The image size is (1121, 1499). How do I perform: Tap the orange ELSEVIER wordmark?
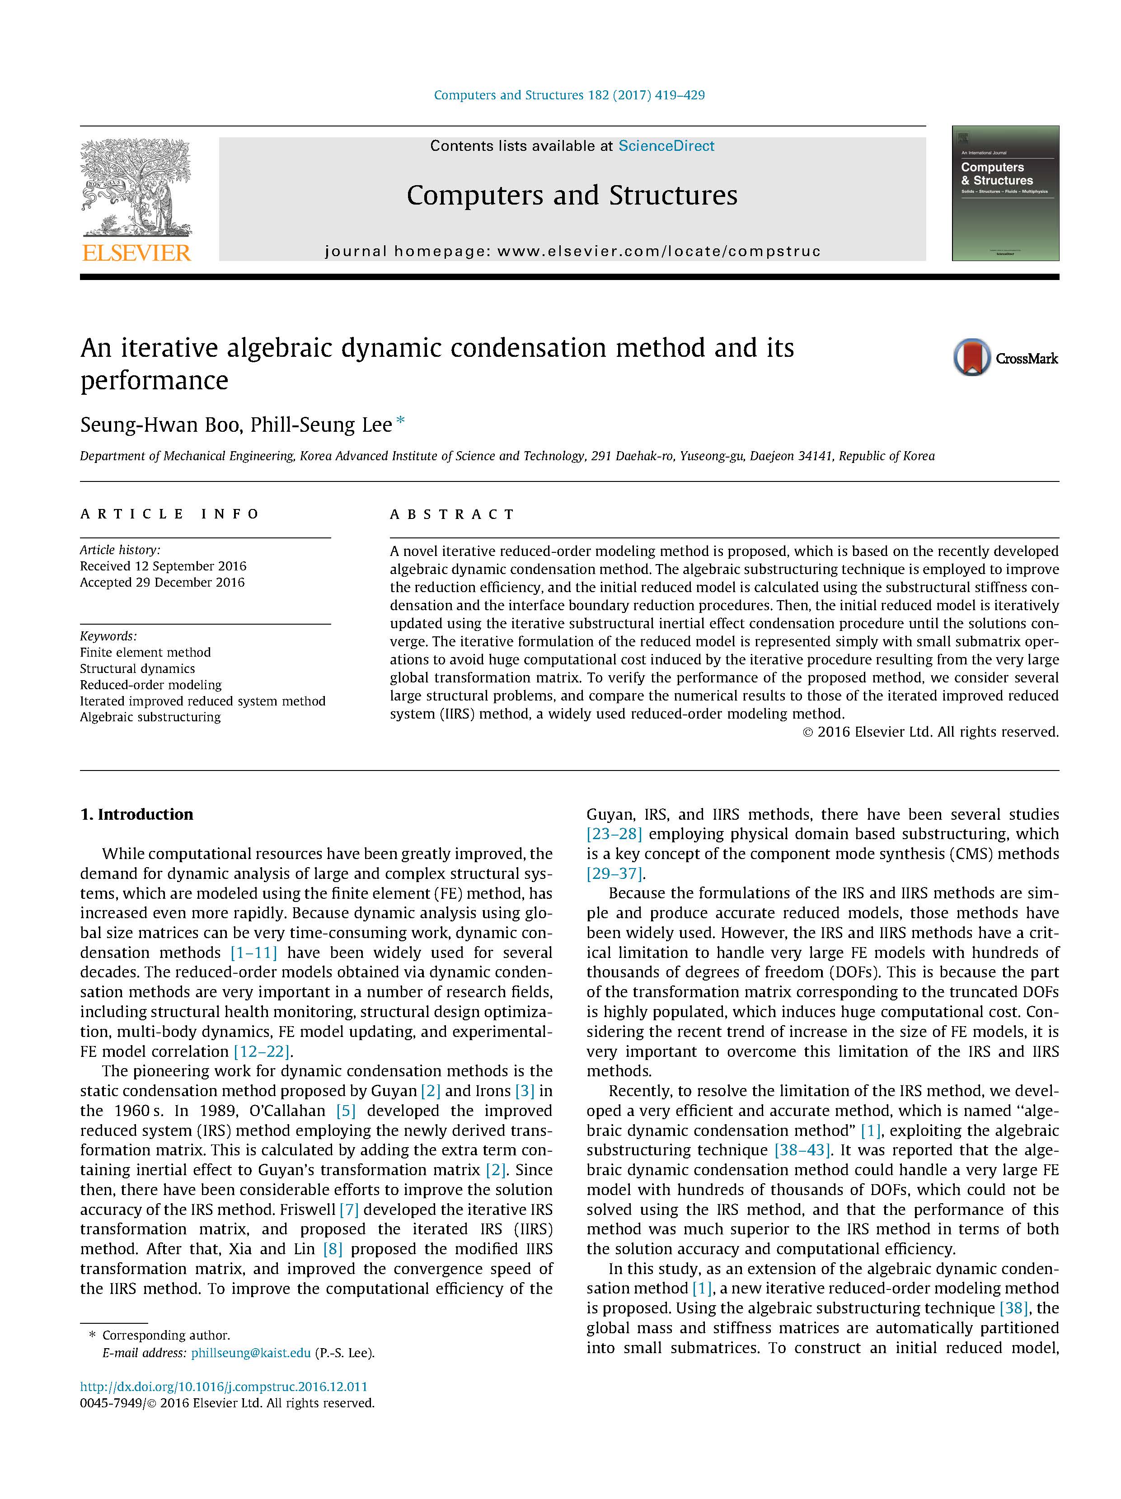[x=136, y=253]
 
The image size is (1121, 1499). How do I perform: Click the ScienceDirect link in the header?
[x=666, y=146]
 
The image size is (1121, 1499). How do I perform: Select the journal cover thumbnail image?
[x=1004, y=193]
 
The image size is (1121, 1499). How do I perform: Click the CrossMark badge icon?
[x=972, y=357]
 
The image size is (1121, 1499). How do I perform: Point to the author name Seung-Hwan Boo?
[x=159, y=425]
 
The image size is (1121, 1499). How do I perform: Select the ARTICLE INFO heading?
[x=169, y=514]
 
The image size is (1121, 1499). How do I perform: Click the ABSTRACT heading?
[x=452, y=514]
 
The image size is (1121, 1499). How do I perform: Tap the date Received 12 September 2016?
[x=163, y=566]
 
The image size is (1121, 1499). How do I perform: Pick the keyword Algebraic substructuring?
[x=150, y=717]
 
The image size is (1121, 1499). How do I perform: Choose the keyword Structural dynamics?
[x=137, y=668]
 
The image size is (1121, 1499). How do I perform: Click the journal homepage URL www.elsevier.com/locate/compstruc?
[x=659, y=252]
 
